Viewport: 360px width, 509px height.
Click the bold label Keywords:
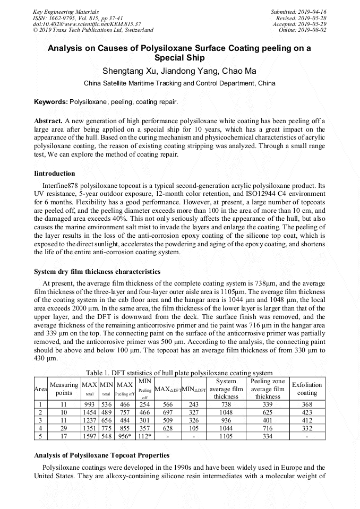point(51,101)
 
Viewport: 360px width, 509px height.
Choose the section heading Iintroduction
point(54,174)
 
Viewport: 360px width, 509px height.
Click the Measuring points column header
point(64,389)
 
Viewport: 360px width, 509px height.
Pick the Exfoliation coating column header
point(307,389)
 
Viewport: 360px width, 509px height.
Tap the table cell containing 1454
point(89,412)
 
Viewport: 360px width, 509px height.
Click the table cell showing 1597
point(89,436)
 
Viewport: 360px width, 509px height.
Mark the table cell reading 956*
point(125,436)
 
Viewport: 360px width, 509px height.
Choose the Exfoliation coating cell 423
point(307,412)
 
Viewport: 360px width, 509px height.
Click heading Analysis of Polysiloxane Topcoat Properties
point(101,455)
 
